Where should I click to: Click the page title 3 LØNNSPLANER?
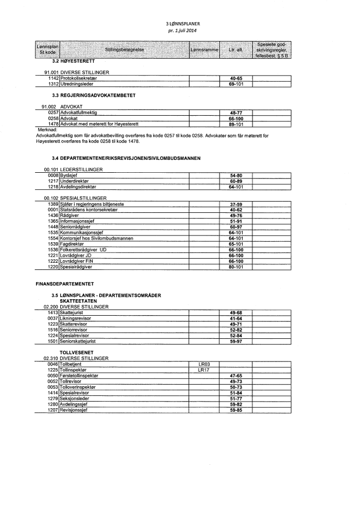179,24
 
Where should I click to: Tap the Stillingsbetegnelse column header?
124,50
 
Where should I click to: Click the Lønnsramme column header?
204,50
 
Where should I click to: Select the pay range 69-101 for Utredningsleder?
236,83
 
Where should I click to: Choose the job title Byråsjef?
69,176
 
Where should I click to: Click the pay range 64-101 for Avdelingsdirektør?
236,187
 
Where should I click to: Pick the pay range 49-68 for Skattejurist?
236,313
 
